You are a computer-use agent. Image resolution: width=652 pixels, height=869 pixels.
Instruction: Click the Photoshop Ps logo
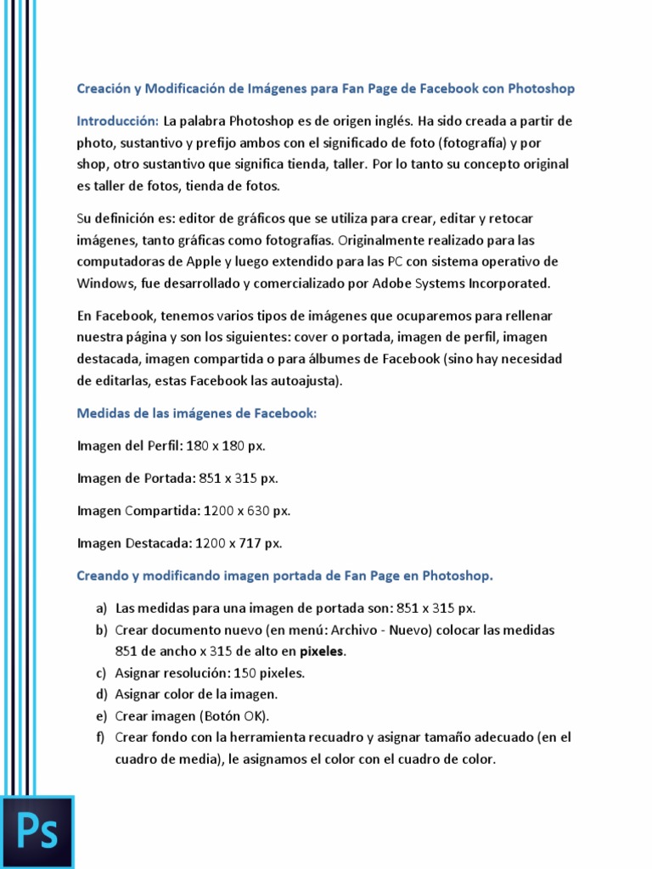[x=37, y=832]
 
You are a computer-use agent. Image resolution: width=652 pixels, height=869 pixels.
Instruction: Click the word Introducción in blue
[x=117, y=121]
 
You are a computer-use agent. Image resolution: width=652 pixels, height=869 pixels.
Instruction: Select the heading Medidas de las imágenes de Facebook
[x=196, y=413]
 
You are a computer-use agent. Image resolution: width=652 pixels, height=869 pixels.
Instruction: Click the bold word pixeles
[x=321, y=652]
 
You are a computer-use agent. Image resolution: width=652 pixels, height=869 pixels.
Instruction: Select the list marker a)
[x=101, y=608]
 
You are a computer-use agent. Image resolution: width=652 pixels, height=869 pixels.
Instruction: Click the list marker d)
[x=101, y=694]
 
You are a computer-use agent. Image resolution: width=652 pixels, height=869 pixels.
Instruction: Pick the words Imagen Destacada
[x=134, y=543]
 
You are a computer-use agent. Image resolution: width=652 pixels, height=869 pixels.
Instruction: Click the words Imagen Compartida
[x=138, y=511]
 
